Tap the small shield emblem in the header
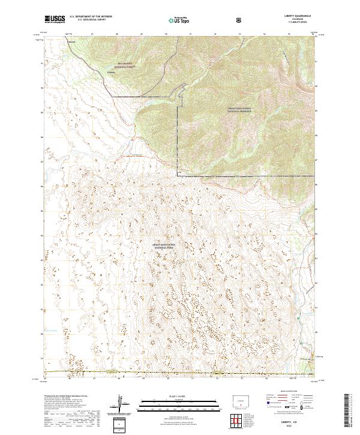(240, 20)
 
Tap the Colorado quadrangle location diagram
(240, 401)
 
